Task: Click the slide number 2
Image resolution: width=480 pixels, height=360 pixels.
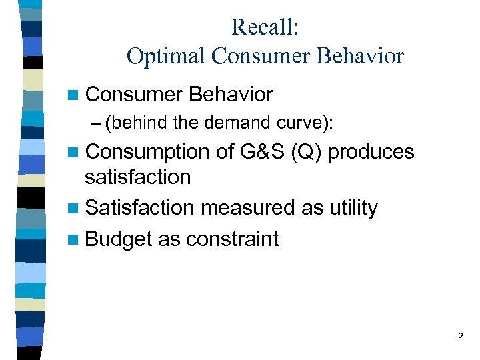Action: (x=460, y=337)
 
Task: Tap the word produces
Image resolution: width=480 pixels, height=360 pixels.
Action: (x=371, y=153)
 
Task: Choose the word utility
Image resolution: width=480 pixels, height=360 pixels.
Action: (x=353, y=208)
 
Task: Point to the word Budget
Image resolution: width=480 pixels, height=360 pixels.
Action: (x=119, y=239)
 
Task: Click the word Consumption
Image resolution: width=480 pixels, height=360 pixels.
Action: (x=147, y=152)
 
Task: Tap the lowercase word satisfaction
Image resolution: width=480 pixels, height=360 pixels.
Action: (x=137, y=177)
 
